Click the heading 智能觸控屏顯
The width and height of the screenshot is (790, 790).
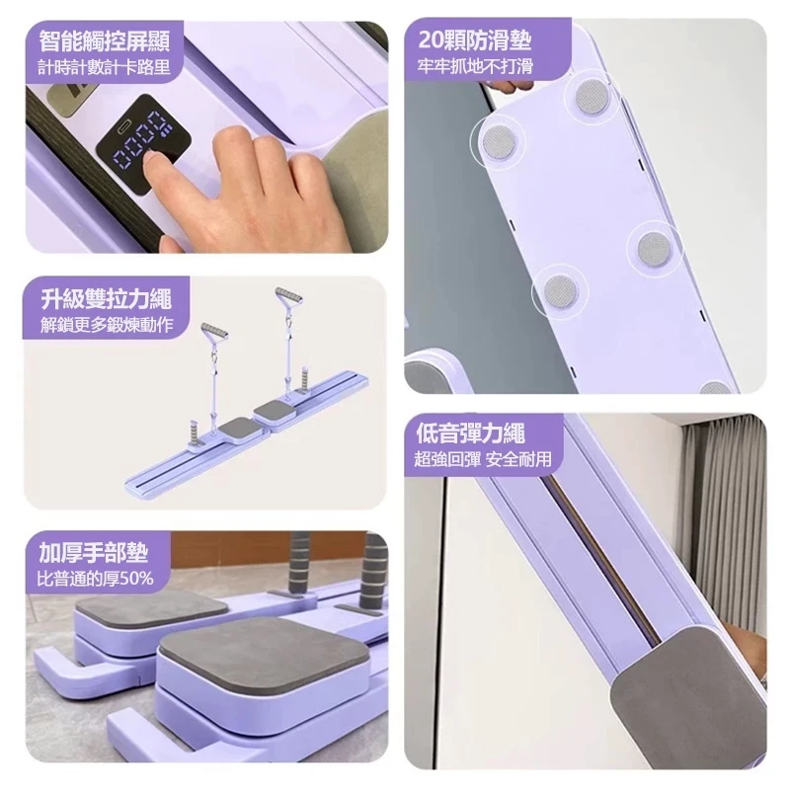(105, 40)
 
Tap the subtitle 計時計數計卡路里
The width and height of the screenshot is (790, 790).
(105, 66)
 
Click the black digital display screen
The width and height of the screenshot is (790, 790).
(144, 144)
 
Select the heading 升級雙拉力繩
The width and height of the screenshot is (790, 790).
(107, 299)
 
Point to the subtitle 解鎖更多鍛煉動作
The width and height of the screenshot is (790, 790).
(107, 325)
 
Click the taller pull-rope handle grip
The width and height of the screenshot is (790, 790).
(289, 297)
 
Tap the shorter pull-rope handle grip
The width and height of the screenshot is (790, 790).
(214, 333)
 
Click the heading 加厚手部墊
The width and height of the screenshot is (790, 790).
(94, 553)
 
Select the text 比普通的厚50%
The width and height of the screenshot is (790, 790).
(95, 579)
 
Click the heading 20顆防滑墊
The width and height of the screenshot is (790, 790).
(475, 40)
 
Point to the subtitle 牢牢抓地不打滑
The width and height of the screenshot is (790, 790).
(475, 66)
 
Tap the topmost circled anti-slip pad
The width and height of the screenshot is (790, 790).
(593, 96)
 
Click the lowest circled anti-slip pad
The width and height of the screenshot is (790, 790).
(560, 291)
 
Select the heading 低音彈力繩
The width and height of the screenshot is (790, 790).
(471, 434)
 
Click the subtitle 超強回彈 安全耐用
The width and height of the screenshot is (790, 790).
(483, 459)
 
